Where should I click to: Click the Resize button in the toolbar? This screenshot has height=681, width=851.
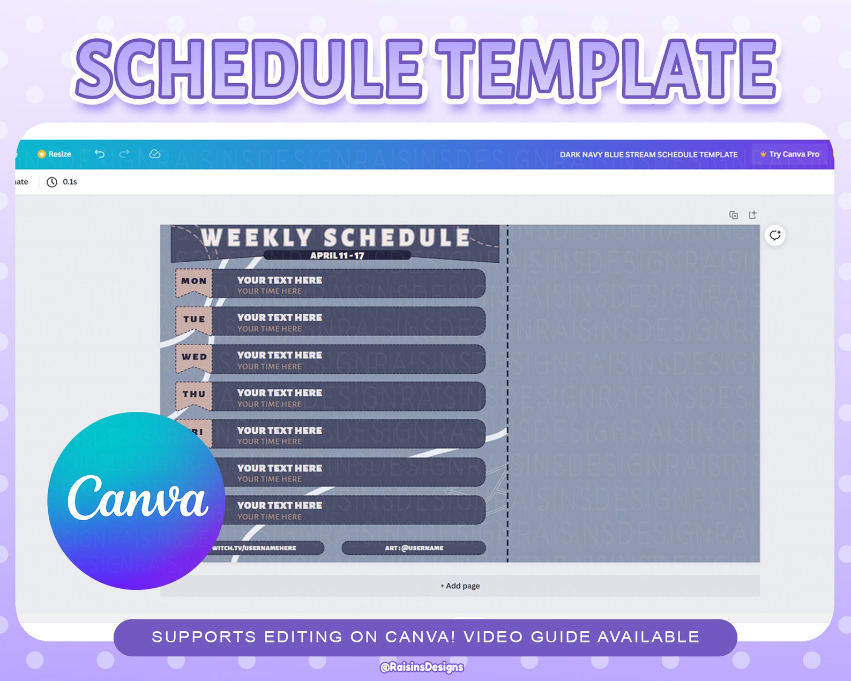pyautogui.click(x=55, y=154)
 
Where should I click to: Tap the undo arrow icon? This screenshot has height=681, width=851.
pyautogui.click(x=100, y=154)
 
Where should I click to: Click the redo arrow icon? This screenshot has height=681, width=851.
pyautogui.click(x=124, y=154)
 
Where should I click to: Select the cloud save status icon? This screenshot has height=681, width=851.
pyautogui.click(x=155, y=154)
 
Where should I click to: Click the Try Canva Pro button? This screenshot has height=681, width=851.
pyautogui.click(x=790, y=154)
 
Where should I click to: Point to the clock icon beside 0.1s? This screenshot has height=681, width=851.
pyautogui.click(x=51, y=182)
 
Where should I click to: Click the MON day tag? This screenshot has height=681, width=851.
pyautogui.click(x=193, y=282)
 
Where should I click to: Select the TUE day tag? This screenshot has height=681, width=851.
pyautogui.click(x=193, y=320)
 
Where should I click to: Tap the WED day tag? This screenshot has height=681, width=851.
pyautogui.click(x=193, y=357)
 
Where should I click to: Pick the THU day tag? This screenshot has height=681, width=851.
pyautogui.click(x=193, y=395)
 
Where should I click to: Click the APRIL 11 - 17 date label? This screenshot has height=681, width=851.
pyautogui.click(x=337, y=256)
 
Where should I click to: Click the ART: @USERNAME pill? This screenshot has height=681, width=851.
pyautogui.click(x=414, y=548)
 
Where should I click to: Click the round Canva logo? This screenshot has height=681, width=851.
pyautogui.click(x=137, y=500)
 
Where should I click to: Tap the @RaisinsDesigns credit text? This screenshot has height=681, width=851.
pyautogui.click(x=422, y=667)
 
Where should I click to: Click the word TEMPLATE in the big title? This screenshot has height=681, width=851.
pyautogui.click(x=606, y=70)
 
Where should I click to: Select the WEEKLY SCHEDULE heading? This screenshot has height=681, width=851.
pyautogui.click(x=336, y=238)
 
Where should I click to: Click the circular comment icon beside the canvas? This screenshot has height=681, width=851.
pyautogui.click(x=775, y=235)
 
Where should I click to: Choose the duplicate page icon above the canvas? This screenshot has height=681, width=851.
pyautogui.click(x=734, y=215)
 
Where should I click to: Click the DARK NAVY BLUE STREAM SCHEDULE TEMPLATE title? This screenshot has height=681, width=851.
pyautogui.click(x=648, y=154)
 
